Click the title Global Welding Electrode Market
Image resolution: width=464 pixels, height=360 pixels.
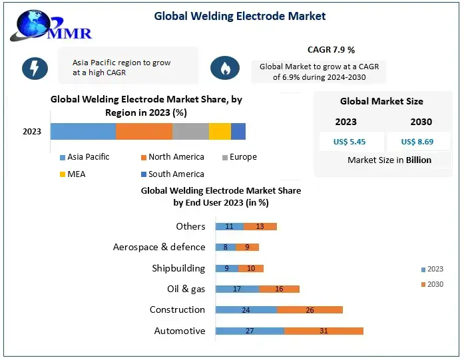point(240,16)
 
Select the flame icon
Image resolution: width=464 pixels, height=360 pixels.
point(225,68)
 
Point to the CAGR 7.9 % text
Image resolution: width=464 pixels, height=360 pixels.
point(331,50)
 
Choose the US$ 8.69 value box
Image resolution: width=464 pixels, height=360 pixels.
point(417,142)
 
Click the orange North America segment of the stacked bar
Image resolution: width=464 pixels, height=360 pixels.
point(144,131)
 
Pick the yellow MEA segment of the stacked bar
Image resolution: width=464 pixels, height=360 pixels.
point(220,131)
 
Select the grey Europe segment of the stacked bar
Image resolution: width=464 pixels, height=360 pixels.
point(190,131)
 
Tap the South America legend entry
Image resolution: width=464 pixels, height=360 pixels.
point(172,174)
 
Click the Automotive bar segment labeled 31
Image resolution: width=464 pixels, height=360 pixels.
point(324,331)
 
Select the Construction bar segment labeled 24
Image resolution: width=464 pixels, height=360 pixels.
point(246,309)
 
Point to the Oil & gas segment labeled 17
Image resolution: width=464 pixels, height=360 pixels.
point(237,289)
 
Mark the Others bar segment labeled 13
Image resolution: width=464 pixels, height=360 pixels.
point(260,226)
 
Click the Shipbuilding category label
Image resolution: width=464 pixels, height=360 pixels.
point(178,268)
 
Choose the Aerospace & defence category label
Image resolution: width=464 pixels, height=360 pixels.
point(159,247)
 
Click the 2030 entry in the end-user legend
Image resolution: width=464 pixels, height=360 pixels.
point(432,284)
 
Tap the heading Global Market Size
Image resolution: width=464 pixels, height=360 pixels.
point(381,101)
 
